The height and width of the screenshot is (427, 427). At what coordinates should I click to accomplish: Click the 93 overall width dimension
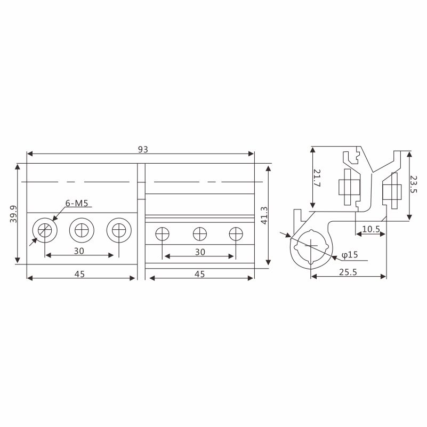[143, 149]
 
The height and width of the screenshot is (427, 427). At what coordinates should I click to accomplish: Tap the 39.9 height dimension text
[13, 214]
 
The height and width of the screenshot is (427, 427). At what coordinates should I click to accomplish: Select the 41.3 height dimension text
[264, 215]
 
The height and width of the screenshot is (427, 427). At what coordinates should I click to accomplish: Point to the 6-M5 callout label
[77, 203]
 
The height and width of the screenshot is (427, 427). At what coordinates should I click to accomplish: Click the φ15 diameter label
[350, 255]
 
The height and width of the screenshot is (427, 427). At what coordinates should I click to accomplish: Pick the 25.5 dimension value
[348, 272]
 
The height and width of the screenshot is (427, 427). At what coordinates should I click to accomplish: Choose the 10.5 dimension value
[371, 229]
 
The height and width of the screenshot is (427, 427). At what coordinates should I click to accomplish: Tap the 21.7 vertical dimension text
[317, 178]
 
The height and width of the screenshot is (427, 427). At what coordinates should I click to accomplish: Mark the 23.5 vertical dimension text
[413, 184]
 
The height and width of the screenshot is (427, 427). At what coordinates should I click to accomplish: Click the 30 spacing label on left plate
[79, 251]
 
